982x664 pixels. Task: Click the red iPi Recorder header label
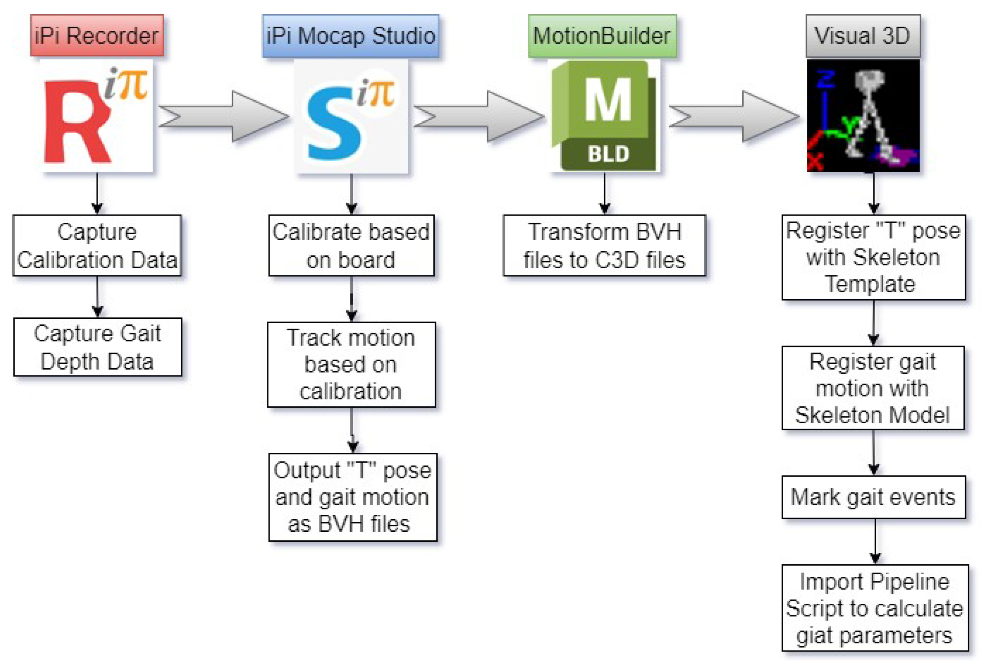(x=97, y=36)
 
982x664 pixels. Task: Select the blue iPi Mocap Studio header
(x=351, y=36)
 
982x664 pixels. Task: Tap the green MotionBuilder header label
(x=602, y=36)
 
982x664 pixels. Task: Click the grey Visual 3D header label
(x=862, y=36)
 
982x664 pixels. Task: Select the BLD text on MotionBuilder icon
(x=608, y=154)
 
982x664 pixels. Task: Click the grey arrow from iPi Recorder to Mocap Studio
(x=223, y=116)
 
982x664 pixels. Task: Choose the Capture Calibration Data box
(x=97, y=245)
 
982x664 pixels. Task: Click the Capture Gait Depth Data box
(x=98, y=347)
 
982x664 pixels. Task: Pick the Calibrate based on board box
(x=351, y=245)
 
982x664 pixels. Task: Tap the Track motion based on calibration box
(x=351, y=364)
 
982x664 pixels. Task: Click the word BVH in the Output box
(x=342, y=524)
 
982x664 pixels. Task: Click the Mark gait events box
(x=873, y=497)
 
